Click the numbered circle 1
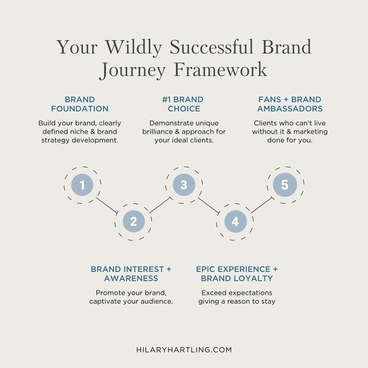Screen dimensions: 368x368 coord(82,185)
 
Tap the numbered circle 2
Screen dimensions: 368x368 coord(134,221)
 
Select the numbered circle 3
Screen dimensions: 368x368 coord(184,185)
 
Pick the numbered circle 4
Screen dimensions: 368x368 coord(236,221)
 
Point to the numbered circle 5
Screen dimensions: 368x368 coord(285,185)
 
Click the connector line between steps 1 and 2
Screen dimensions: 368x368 coord(107,205)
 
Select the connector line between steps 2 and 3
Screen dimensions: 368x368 coord(160,205)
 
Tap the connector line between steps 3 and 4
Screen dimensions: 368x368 coord(209,205)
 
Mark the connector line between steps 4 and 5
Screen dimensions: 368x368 coord(262,205)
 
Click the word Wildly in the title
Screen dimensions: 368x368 coord(133,48)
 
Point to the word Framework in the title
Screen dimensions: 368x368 coord(220,70)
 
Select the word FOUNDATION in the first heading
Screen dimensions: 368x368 coord(80,109)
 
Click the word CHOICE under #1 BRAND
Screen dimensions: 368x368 coord(184,109)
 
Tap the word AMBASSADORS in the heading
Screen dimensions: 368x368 coord(290,109)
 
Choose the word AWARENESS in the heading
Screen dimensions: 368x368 coord(131,278)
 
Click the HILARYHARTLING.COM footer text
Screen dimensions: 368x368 coord(184,350)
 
